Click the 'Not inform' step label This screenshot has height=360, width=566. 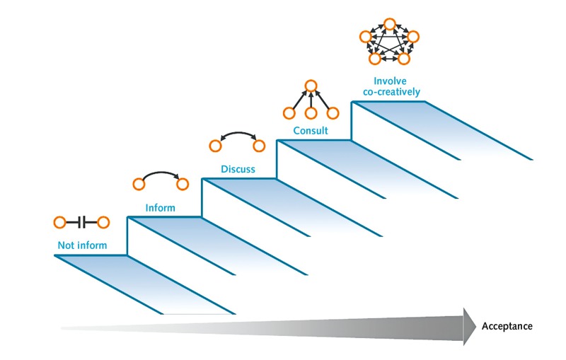[x=83, y=246]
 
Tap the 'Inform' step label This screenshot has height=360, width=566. [x=160, y=208]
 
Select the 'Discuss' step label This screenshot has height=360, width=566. [x=237, y=170]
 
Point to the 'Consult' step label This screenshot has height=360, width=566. [x=311, y=132]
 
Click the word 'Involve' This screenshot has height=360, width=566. [x=390, y=81]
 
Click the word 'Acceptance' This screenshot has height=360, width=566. [x=507, y=326]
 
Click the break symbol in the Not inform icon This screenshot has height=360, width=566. [x=82, y=223]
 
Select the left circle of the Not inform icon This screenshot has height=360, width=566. [x=60, y=223]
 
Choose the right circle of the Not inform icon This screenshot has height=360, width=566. [x=103, y=223]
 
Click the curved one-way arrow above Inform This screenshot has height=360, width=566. [x=160, y=174]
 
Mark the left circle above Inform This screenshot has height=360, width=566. [x=139, y=185]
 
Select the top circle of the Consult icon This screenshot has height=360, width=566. [x=310, y=87]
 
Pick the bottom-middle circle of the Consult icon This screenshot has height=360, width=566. [x=310, y=113]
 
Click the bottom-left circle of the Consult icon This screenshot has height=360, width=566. [x=289, y=113]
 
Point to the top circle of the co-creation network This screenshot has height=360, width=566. [x=389, y=25]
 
